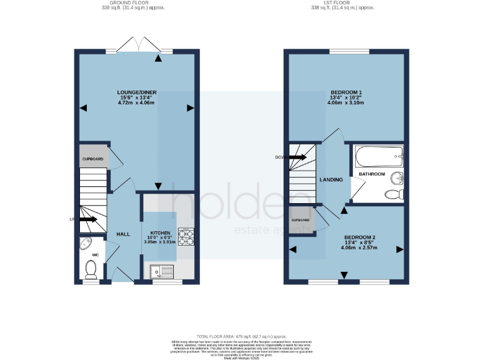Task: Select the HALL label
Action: click(122, 234)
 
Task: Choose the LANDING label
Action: click(331, 180)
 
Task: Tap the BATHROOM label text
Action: click(371, 173)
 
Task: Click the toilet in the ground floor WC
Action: click(91, 269)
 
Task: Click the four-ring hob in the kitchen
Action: click(187, 237)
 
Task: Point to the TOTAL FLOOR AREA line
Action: click(240, 336)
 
